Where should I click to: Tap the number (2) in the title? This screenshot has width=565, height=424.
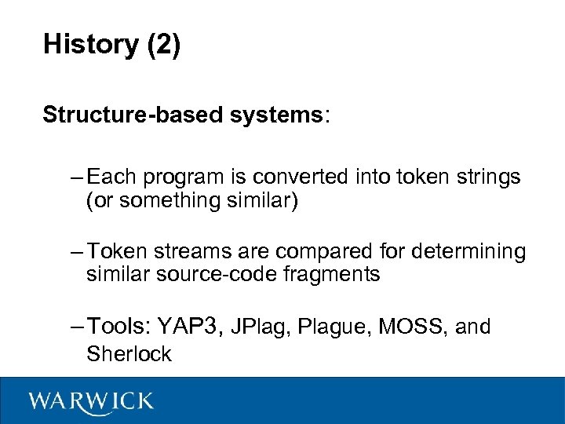point(163,45)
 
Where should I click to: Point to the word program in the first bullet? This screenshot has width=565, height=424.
point(183,177)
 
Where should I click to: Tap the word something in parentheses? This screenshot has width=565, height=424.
point(162,200)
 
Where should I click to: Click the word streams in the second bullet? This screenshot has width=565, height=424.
point(184,252)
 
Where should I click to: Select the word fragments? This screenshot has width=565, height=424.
point(334,275)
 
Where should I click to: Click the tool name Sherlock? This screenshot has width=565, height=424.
point(129,354)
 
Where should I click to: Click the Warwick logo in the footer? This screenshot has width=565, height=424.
point(91,401)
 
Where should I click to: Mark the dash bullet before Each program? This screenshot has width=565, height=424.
point(76,178)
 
